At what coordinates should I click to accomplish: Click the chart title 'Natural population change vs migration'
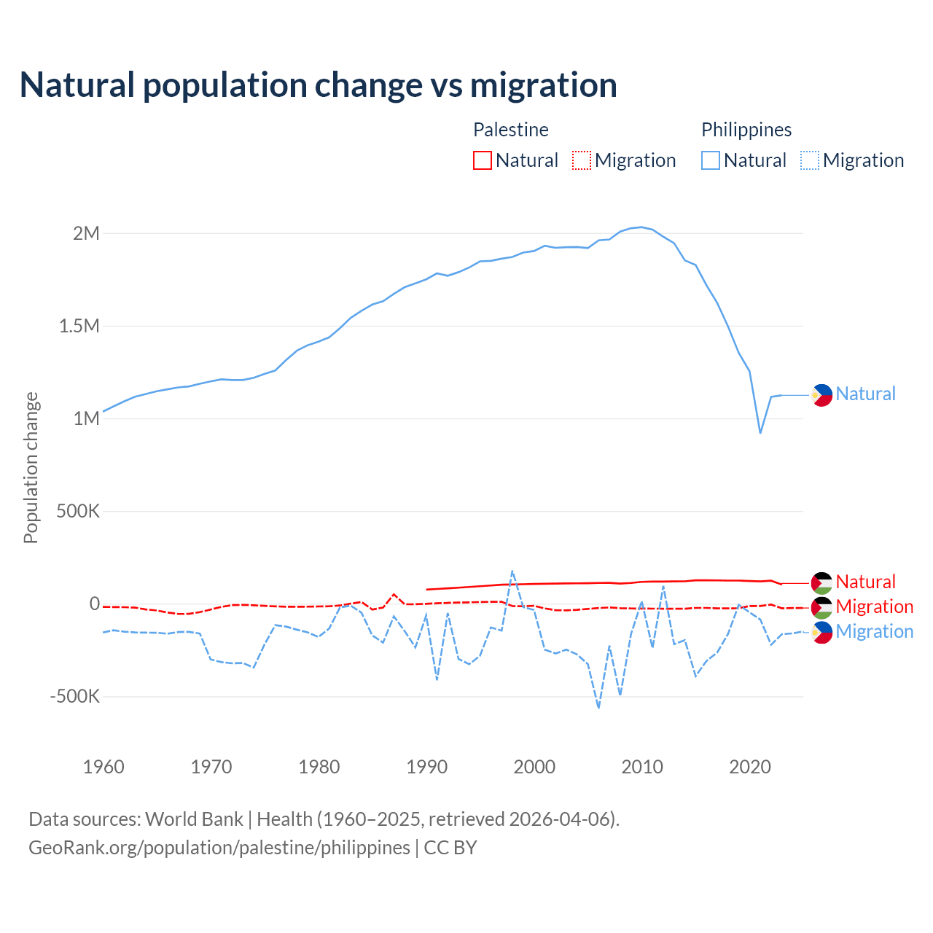[x=319, y=85]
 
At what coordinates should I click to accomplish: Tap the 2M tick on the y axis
[x=86, y=233]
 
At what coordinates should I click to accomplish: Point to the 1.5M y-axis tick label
[x=79, y=326]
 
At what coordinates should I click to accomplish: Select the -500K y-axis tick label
[x=74, y=696]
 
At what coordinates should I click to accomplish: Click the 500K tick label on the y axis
[x=78, y=511]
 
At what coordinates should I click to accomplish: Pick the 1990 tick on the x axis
[x=426, y=767]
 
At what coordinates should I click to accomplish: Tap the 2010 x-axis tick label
[x=642, y=767]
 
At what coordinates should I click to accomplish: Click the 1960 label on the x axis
[x=104, y=767]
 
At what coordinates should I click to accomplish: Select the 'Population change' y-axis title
[x=31, y=468]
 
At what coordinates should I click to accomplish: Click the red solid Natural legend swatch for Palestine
[x=483, y=160]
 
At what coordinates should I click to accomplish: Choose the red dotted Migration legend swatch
[x=582, y=160]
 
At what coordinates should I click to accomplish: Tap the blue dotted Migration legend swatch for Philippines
[x=810, y=160]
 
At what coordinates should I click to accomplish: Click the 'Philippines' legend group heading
[x=746, y=130]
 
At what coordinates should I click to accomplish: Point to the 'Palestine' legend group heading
[x=511, y=130]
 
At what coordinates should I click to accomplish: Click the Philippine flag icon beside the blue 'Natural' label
[x=821, y=395]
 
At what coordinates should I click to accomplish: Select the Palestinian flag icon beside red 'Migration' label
[x=821, y=608]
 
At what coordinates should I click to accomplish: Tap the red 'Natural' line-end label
[x=865, y=582]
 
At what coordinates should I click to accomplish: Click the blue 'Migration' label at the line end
[x=874, y=631]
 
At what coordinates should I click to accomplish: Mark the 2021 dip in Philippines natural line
[x=760, y=433]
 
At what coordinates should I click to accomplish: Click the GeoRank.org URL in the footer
[x=219, y=848]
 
